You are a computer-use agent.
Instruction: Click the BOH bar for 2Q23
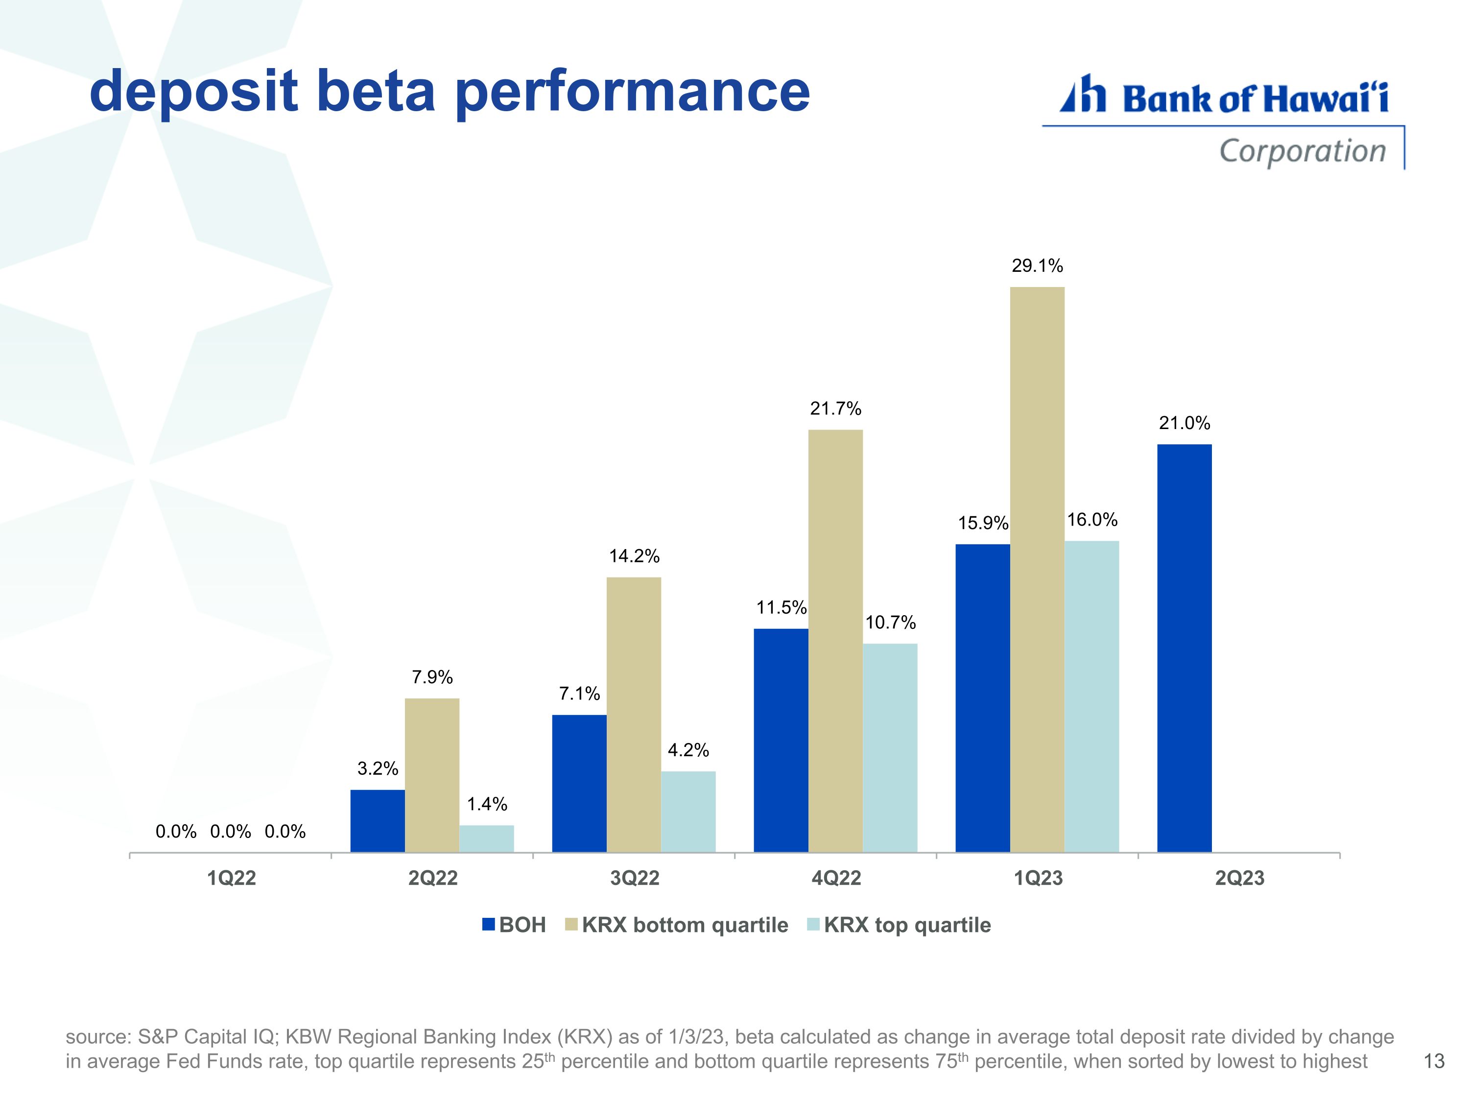tap(1184, 647)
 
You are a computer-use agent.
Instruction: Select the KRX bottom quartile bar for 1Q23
tap(1037, 569)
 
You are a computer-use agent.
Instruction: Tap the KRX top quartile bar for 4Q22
tap(890, 747)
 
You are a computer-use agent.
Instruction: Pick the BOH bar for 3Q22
tap(579, 783)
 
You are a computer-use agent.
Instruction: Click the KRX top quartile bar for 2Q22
tap(486, 838)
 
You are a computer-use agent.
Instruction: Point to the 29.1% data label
tap(1037, 265)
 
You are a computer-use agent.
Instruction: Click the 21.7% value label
tap(835, 408)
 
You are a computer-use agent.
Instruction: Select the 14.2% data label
tap(634, 556)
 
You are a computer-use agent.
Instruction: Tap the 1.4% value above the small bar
tap(487, 804)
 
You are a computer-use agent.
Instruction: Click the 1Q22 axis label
tap(231, 878)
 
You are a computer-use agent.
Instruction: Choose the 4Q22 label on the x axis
tap(836, 878)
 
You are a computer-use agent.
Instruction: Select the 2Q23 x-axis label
tap(1239, 878)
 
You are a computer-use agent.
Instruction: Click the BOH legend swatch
tap(489, 925)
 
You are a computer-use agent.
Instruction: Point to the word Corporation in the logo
tap(1303, 151)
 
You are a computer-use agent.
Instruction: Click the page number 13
tap(1434, 1061)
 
